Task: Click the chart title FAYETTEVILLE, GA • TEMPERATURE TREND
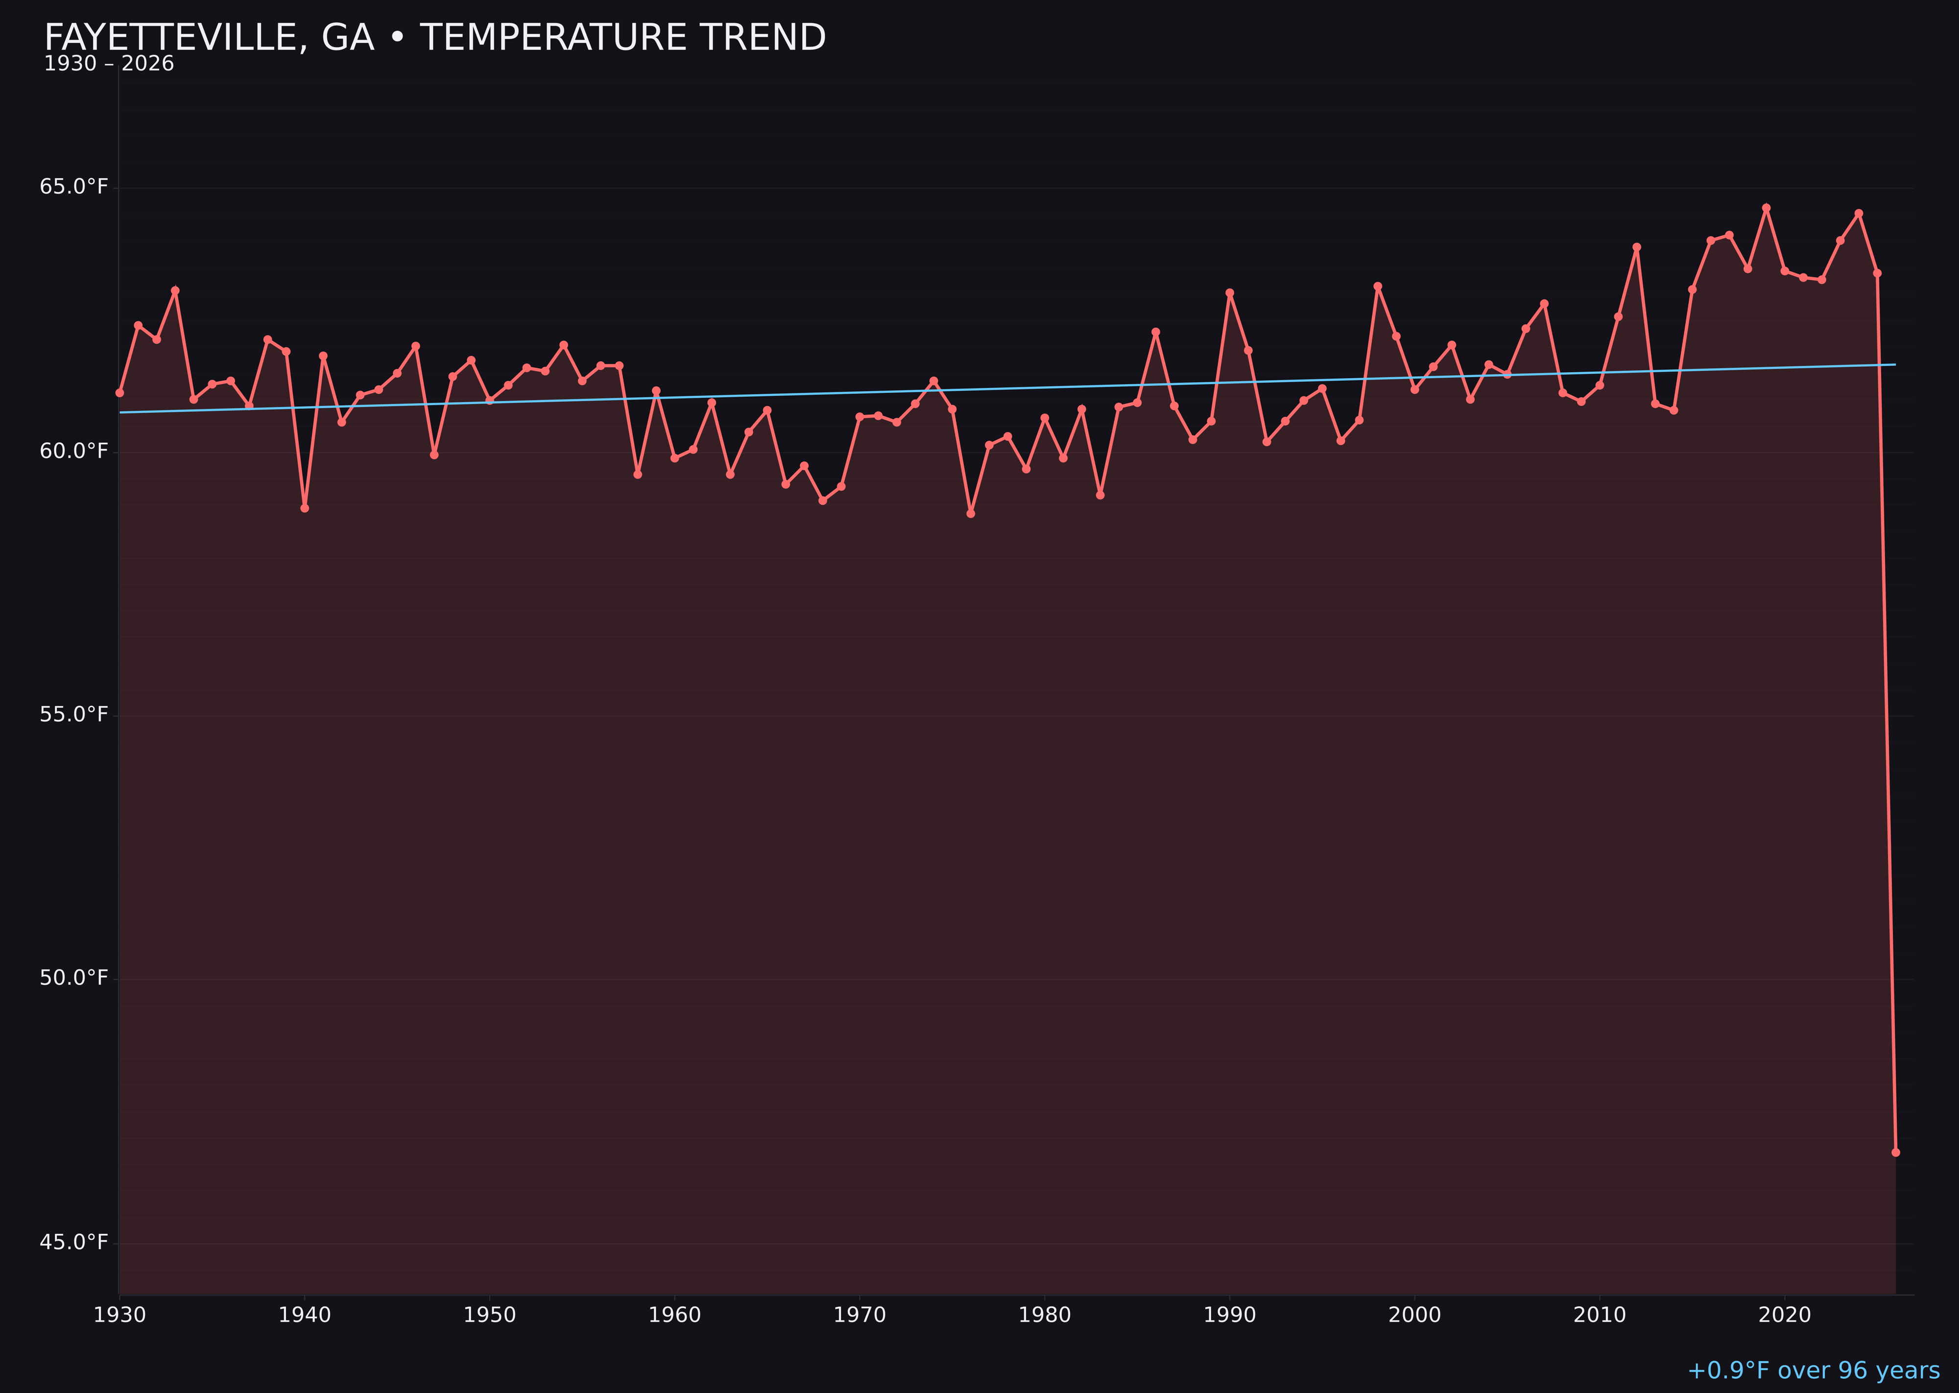435,38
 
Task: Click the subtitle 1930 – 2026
109,64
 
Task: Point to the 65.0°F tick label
74,187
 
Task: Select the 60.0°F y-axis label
74,451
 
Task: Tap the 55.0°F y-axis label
74,715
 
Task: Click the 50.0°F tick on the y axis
74,978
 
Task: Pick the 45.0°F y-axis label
74,1242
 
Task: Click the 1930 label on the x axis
119,1315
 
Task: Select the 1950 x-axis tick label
490,1315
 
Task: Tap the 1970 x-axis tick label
860,1315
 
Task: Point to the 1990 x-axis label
1229,1315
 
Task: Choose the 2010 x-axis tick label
1600,1315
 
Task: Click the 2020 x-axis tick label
1785,1315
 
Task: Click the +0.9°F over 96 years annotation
1813,1370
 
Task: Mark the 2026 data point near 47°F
1895,1152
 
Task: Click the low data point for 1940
305,508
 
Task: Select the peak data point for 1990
1230,292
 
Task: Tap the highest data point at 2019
1766,208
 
